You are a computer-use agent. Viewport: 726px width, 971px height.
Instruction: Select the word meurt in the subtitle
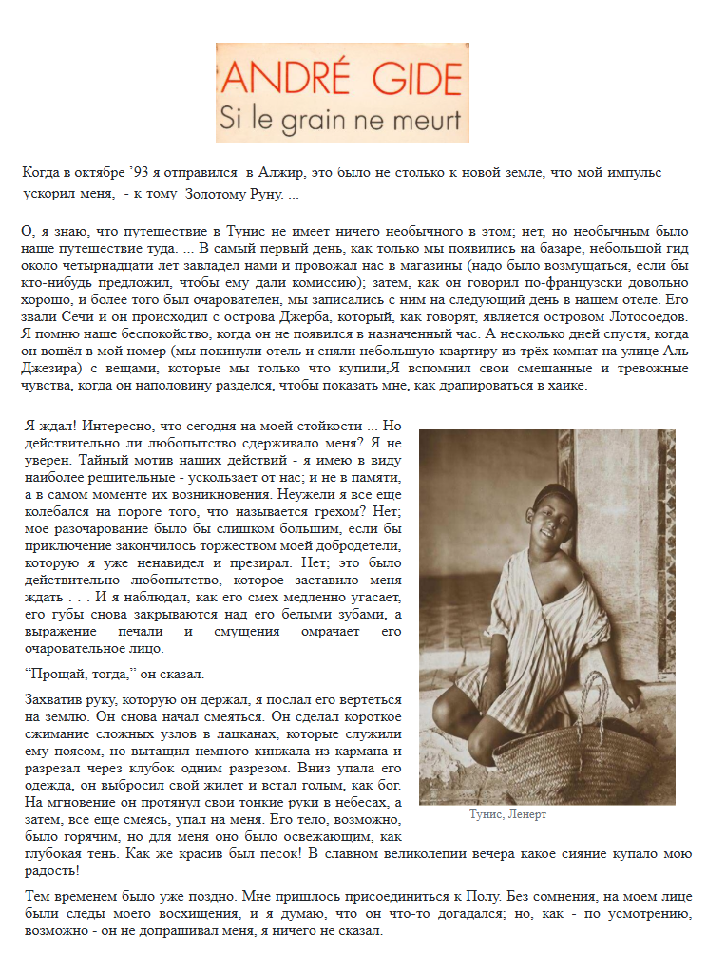tap(429, 120)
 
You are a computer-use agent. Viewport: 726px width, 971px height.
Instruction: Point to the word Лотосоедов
tap(641, 316)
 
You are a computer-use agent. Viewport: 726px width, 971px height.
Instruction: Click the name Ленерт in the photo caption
tap(528, 815)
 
